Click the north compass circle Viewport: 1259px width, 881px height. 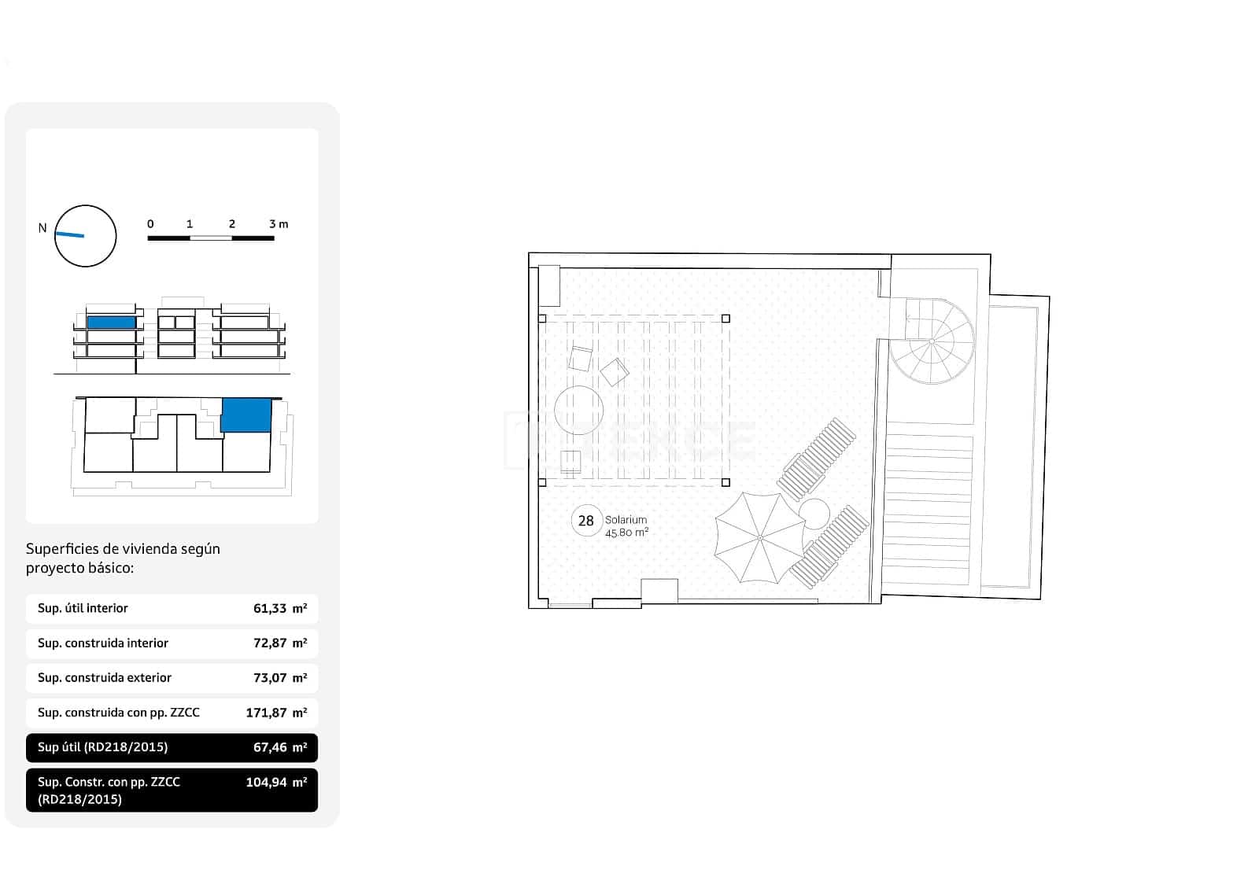click(x=85, y=236)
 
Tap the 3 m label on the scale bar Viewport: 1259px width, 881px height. click(x=279, y=224)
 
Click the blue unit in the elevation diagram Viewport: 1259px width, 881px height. click(x=111, y=323)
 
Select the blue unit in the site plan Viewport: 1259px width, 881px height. click(x=246, y=415)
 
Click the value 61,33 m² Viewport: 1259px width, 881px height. click(x=280, y=608)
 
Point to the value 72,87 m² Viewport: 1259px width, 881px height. click(x=280, y=643)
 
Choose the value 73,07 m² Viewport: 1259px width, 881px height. click(x=280, y=677)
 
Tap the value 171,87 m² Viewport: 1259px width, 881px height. click(x=276, y=713)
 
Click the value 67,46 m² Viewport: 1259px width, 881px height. click(x=280, y=747)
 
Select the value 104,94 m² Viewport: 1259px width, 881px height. click(x=276, y=782)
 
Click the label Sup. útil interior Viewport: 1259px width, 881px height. click(x=83, y=608)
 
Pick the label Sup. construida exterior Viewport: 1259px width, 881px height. click(x=105, y=677)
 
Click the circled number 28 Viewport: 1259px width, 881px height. click(x=586, y=521)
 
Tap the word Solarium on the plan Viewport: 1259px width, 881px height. click(x=626, y=520)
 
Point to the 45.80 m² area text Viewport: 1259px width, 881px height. click(x=626, y=533)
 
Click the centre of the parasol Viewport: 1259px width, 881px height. click(x=760, y=537)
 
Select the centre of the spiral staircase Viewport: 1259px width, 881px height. click(x=932, y=341)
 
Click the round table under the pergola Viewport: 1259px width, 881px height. click(x=578, y=410)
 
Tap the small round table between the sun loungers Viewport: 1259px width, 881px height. click(x=814, y=514)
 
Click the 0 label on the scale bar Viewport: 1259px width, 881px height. click(x=150, y=224)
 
